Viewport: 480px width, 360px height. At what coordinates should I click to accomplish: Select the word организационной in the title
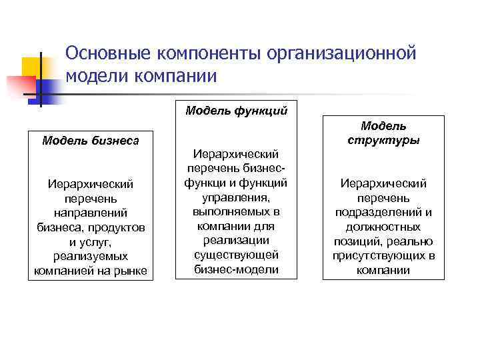pyautogui.click(x=341, y=53)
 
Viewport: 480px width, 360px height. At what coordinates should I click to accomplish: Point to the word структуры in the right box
pyautogui.click(x=383, y=140)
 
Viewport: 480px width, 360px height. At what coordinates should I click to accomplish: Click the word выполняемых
pyautogui.click(x=236, y=211)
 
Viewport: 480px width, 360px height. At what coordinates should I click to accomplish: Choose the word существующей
pyautogui.click(x=236, y=255)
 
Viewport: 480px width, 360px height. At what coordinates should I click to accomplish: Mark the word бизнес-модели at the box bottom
pyautogui.click(x=236, y=270)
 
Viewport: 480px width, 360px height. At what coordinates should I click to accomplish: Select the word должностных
pyautogui.click(x=383, y=227)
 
